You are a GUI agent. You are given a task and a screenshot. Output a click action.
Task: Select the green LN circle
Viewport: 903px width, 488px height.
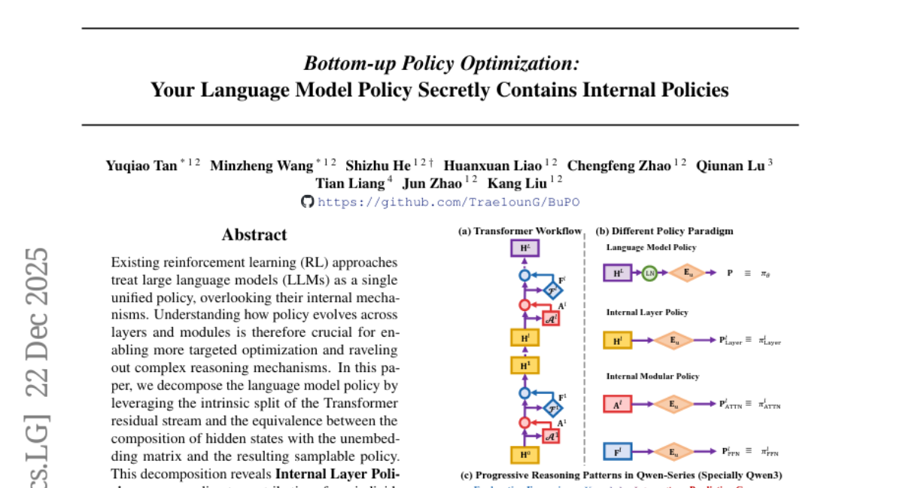649,273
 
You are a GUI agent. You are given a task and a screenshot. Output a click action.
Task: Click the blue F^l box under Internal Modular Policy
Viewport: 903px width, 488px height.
617,452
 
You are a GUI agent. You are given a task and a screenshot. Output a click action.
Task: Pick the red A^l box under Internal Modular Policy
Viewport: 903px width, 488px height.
617,404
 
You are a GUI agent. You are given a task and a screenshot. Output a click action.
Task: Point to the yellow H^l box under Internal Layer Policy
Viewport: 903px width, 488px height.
617,340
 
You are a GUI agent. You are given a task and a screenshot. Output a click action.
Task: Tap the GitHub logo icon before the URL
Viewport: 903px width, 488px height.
307,202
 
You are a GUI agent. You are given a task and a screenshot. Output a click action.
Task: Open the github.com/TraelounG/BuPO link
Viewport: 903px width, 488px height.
448,202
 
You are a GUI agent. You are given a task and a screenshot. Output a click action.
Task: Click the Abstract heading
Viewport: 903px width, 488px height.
254,235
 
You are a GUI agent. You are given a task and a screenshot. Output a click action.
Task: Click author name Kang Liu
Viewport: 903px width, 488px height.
518,183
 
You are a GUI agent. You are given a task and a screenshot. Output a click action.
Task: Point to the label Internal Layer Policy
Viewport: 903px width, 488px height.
647,312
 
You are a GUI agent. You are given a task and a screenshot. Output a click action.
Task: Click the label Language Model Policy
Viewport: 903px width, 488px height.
651,247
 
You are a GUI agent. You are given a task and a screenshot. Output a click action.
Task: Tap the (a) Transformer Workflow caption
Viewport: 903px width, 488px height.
520,231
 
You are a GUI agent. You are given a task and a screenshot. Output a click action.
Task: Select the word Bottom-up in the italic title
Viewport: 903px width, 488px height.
345,63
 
